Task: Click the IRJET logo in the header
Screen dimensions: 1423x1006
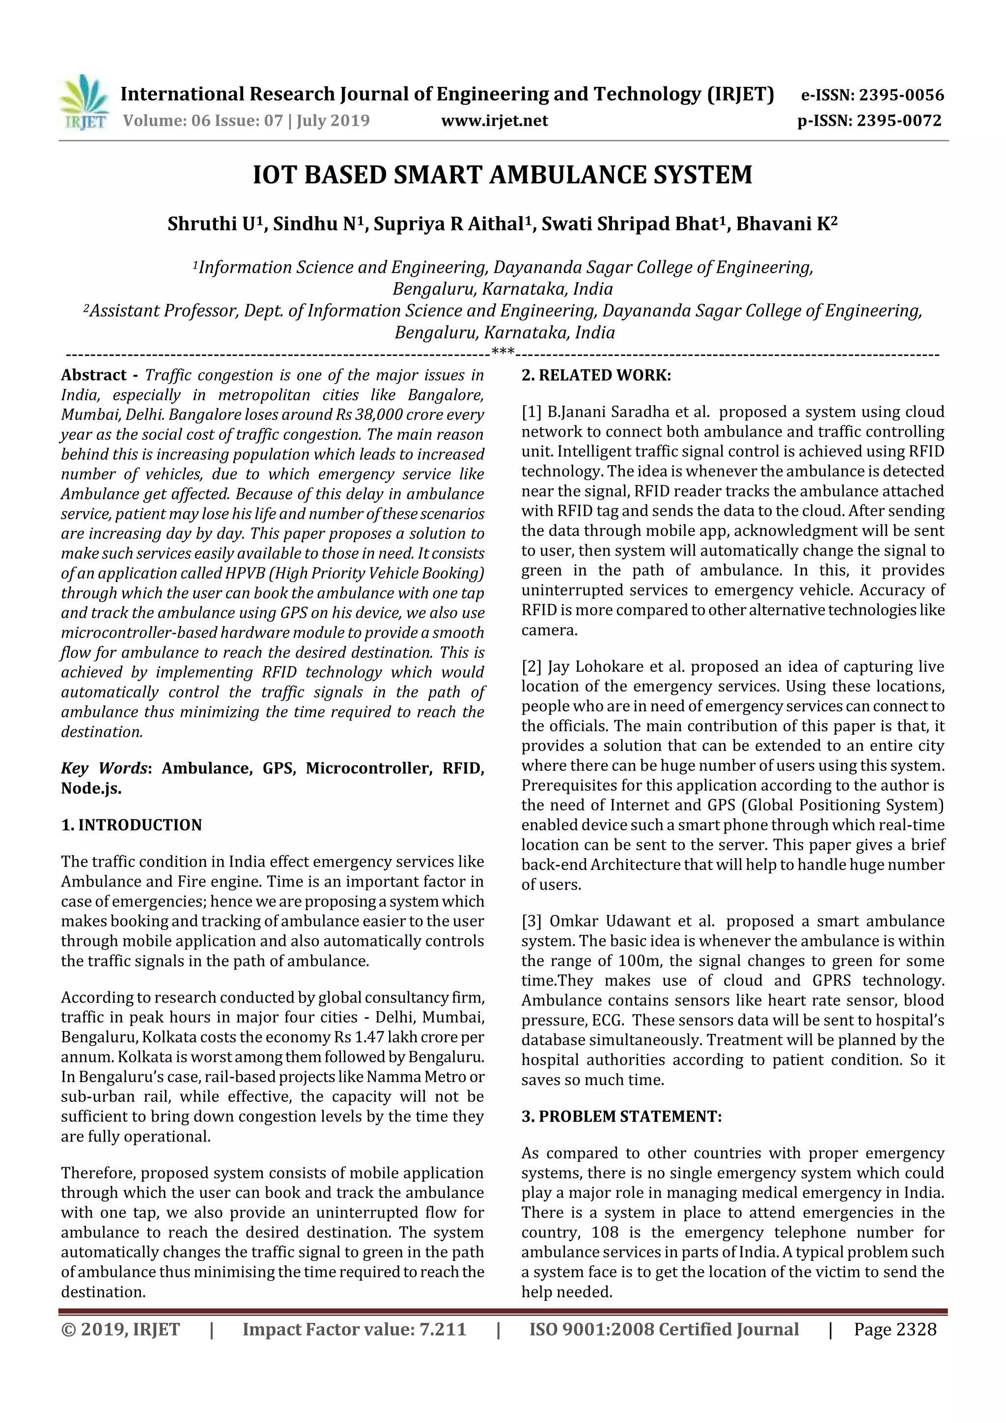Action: click(84, 102)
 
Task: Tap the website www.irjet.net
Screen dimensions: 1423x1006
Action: click(494, 120)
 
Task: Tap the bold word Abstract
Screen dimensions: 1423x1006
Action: click(94, 375)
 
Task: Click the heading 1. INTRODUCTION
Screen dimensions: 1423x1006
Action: click(132, 825)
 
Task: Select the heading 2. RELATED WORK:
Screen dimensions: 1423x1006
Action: click(596, 375)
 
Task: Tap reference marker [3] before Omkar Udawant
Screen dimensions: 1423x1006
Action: click(531, 921)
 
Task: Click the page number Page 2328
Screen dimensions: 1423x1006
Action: click(894, 1329)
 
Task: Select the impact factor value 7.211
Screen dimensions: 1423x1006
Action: click(443, 1329)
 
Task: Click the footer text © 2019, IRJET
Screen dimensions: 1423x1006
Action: click(120, 1329)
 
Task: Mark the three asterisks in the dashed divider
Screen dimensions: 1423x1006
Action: click(502, 353)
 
